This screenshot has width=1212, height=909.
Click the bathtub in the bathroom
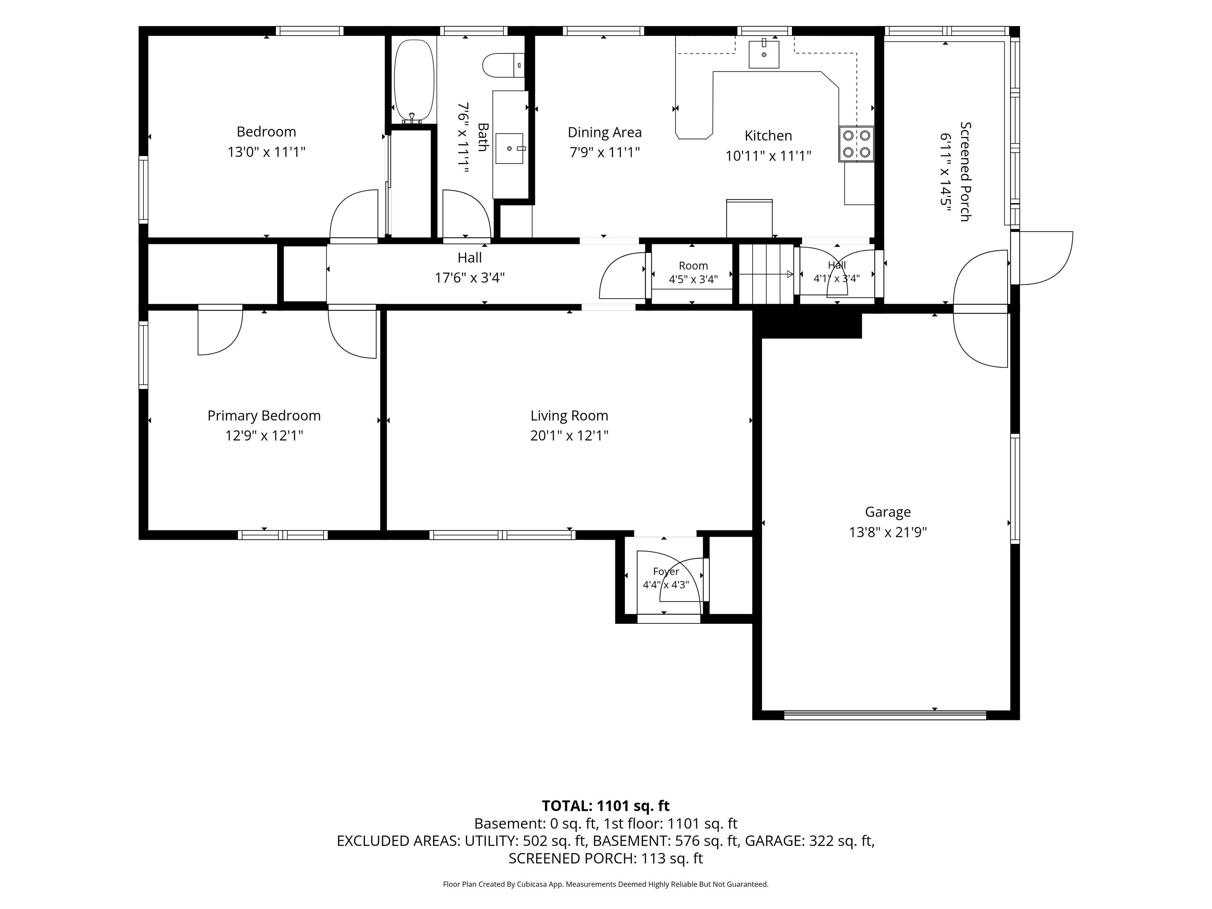(414, 80)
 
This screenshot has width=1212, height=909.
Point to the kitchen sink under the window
(764, 54)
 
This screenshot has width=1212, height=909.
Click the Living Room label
(569, 416)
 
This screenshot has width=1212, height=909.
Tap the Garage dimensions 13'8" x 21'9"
(888, 532)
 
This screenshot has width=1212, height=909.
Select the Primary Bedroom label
(264, 416)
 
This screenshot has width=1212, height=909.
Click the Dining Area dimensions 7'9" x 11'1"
(605, 152)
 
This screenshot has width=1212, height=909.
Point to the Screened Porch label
(966, 172)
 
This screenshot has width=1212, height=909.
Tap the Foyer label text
(666, 572)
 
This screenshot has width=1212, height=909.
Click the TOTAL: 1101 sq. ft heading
(606, 806)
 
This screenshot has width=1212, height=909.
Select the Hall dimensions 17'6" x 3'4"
(469, 278)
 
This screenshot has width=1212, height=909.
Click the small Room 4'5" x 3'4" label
(693, 273)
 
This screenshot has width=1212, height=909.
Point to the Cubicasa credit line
(606, 884)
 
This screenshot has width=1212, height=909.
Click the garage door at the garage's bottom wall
(885, 715)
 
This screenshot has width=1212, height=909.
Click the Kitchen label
(768, 136)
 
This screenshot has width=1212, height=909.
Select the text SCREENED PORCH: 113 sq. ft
(606, 858)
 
